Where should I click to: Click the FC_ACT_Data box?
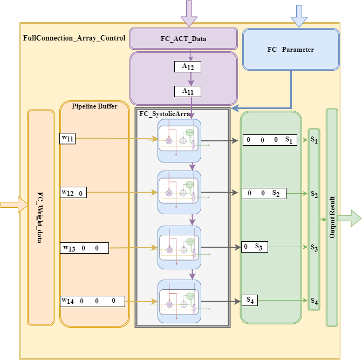pyautogui.click(x=183, y=38)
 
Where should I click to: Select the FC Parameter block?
pyautogui.click(x=291, y=50)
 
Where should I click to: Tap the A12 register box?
pyautogui.click(x=188, y=67)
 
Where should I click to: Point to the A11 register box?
pyautogui.click(x=188, y=91)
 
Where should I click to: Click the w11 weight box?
pyautogui.click(x=67, y=139)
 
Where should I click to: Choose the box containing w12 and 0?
pyautogui.click(x=73, y=192)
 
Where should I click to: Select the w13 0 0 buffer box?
pyautogui.click(x=84, y=248)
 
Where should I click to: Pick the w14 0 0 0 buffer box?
pyautogui.click(x=92, y=301)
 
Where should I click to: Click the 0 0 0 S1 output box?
pyautogui.click(x=270, y=140)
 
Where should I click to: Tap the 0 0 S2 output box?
pyautogui.click(x=264, y=193)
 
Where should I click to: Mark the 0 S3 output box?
pyautogui.click(x=255, y=247)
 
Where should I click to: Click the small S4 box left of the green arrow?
pyautogui.click(x=250, y=300)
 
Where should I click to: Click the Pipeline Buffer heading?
pyautogui.click(x=94, y=106)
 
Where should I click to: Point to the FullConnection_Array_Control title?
pyautogui.click(x=74, y=38)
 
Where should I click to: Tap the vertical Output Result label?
pyautogui.click(x=332, y=218)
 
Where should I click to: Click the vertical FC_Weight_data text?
pyautogui.click(x=40, y=218)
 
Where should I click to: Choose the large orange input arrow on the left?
pyautogui.click(x=15, y=205)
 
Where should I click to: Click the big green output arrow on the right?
pyautogui.click(x=349, y=218)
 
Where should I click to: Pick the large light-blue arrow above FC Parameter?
pyautogui.click(x=299, y=16)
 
